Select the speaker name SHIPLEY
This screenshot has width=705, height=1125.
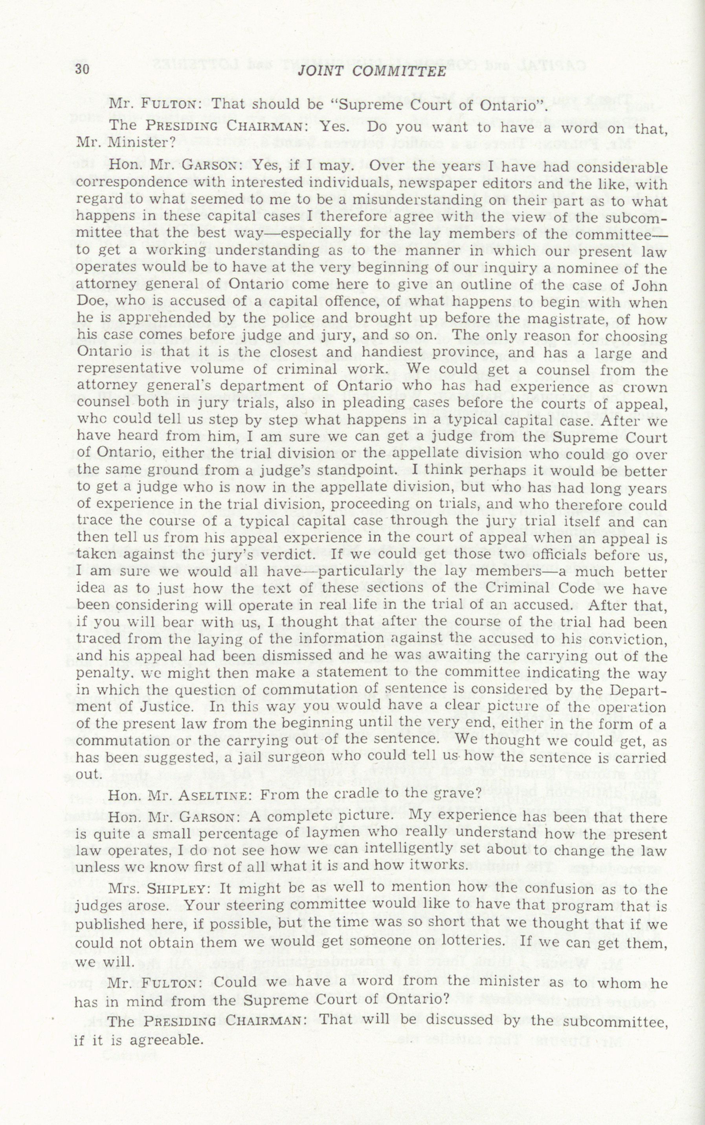pyautogui.click(x=176, y=889)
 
